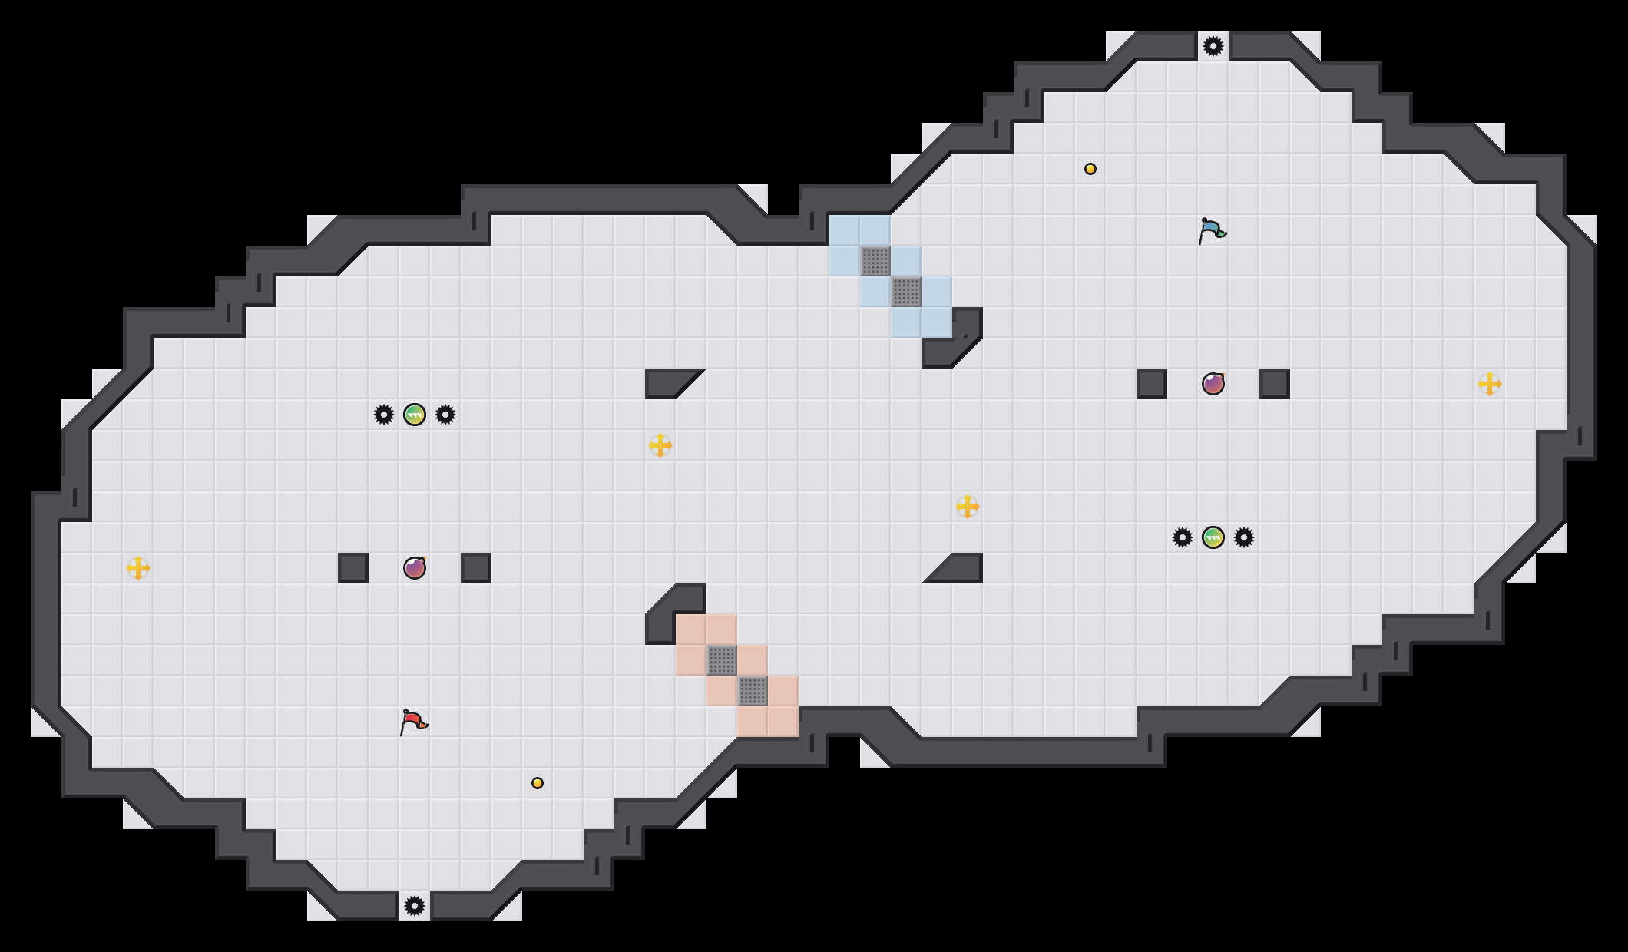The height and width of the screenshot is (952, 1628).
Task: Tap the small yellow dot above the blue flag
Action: tap(1090, 169)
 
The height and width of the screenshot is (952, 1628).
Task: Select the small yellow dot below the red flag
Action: tap(538, 783)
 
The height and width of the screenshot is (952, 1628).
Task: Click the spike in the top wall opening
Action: tap(1213, 46)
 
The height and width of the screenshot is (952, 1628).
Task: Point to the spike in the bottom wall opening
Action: tap(415, 906)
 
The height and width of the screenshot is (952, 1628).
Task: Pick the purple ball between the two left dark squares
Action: tap(415, 568)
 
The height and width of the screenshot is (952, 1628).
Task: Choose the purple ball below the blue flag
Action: tap(1213, 384)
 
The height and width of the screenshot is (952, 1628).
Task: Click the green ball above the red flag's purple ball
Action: tap(415, 415)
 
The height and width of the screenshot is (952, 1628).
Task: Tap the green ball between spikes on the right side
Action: tap(1213, 537)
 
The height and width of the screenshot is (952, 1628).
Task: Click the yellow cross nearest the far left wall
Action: tap(138, 568)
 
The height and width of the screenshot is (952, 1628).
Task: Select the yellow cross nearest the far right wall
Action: tap(1490, 384)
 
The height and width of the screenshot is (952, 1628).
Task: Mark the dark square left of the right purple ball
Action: tap(1152, 384)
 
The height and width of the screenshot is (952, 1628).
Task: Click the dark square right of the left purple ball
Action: tap(476, 568)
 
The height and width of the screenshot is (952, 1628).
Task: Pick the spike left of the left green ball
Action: tap(384, 415)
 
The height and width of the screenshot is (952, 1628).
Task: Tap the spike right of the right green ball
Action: tap(1244, 537)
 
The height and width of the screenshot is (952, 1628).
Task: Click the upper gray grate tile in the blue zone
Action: tap(875, 261)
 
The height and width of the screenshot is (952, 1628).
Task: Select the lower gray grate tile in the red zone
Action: tap(753, 691)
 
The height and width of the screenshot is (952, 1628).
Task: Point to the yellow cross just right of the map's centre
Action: tap(968, 507)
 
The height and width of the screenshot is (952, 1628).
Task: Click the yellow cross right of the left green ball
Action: tap(660, 445)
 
